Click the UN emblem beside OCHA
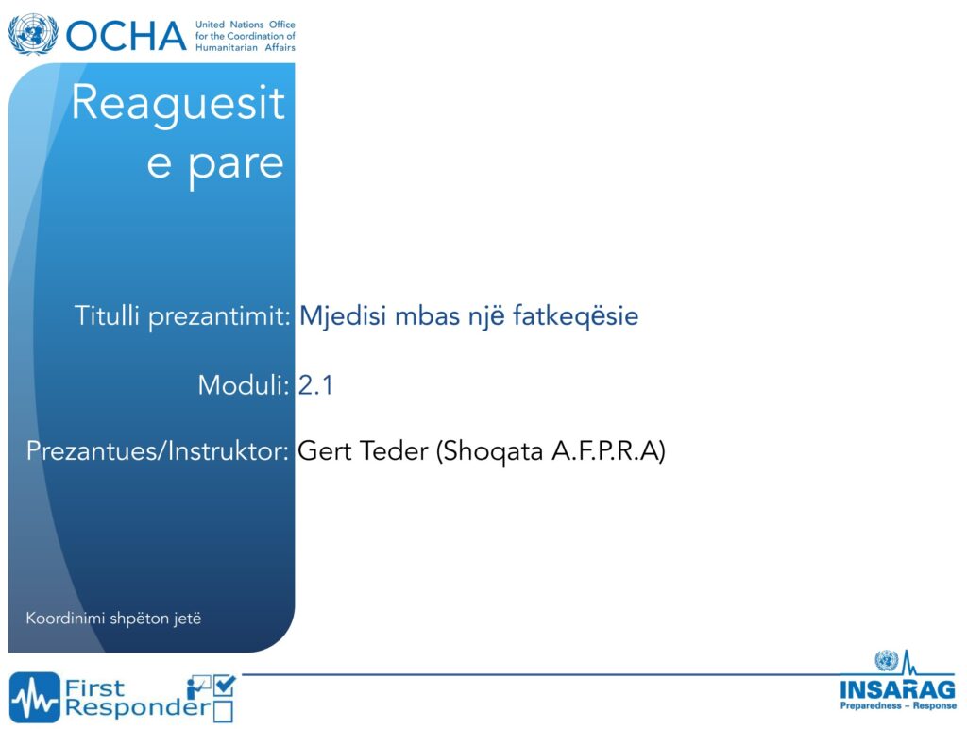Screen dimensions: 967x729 (33, 35)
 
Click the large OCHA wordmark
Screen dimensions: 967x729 (126, 36)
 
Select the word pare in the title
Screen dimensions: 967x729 (235, 165)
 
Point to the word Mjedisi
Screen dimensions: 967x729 (344, 316)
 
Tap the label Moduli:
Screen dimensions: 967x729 (244, 385)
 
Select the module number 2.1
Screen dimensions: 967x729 (315, 385)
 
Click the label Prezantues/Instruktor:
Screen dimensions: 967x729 (158, 451)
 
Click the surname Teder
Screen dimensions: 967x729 (394, 450)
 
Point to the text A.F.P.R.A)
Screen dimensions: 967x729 (608, 450)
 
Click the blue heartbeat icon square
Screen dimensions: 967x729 (35, 697)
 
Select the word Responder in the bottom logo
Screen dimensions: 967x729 (138, 708)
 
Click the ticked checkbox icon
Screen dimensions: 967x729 (224, 686)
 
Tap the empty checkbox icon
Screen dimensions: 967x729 (223, 711)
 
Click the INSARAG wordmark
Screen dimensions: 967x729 (897, 689)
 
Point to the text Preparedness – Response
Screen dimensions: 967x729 (898, 705)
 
